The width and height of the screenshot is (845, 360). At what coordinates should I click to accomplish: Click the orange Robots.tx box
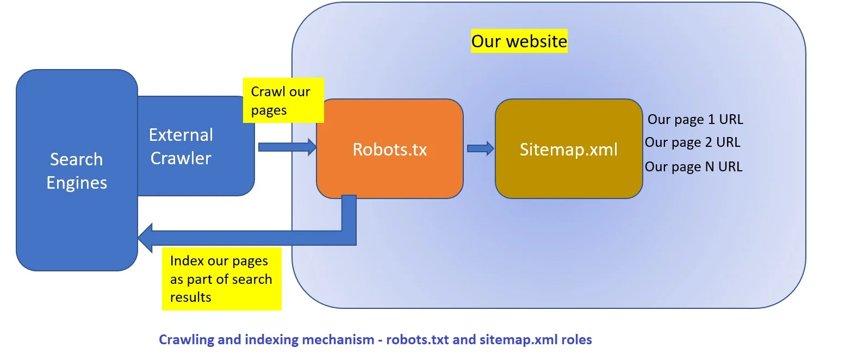[389, 149]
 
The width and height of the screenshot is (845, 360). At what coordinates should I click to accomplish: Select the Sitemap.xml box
[568, 149]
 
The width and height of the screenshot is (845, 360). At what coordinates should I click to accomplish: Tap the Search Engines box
[76, 170]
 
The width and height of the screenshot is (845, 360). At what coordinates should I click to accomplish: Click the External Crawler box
[196, 146]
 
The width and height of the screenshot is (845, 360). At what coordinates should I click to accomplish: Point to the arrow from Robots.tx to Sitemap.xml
[480, 148]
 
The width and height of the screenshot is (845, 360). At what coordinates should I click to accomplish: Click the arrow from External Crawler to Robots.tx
[287, 147]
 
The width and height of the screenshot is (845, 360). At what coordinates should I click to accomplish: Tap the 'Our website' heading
[519, 41]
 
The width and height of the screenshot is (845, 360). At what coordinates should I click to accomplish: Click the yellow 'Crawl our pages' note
[283, 101]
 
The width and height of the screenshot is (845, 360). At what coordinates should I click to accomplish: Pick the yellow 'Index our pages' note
[221, 278]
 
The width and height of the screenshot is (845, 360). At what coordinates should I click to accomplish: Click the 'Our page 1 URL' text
[695, 119]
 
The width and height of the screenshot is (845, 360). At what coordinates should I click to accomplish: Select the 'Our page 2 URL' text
[692, 142]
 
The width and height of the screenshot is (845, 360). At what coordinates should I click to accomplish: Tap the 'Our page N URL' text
[693, 166]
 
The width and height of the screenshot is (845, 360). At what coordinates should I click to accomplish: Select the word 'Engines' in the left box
[76, 183]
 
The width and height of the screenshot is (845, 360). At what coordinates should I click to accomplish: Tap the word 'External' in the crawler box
[181, 135]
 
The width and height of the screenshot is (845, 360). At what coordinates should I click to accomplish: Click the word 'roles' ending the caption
[577, 340]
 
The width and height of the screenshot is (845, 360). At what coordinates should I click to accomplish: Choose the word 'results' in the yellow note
[190, 297]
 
